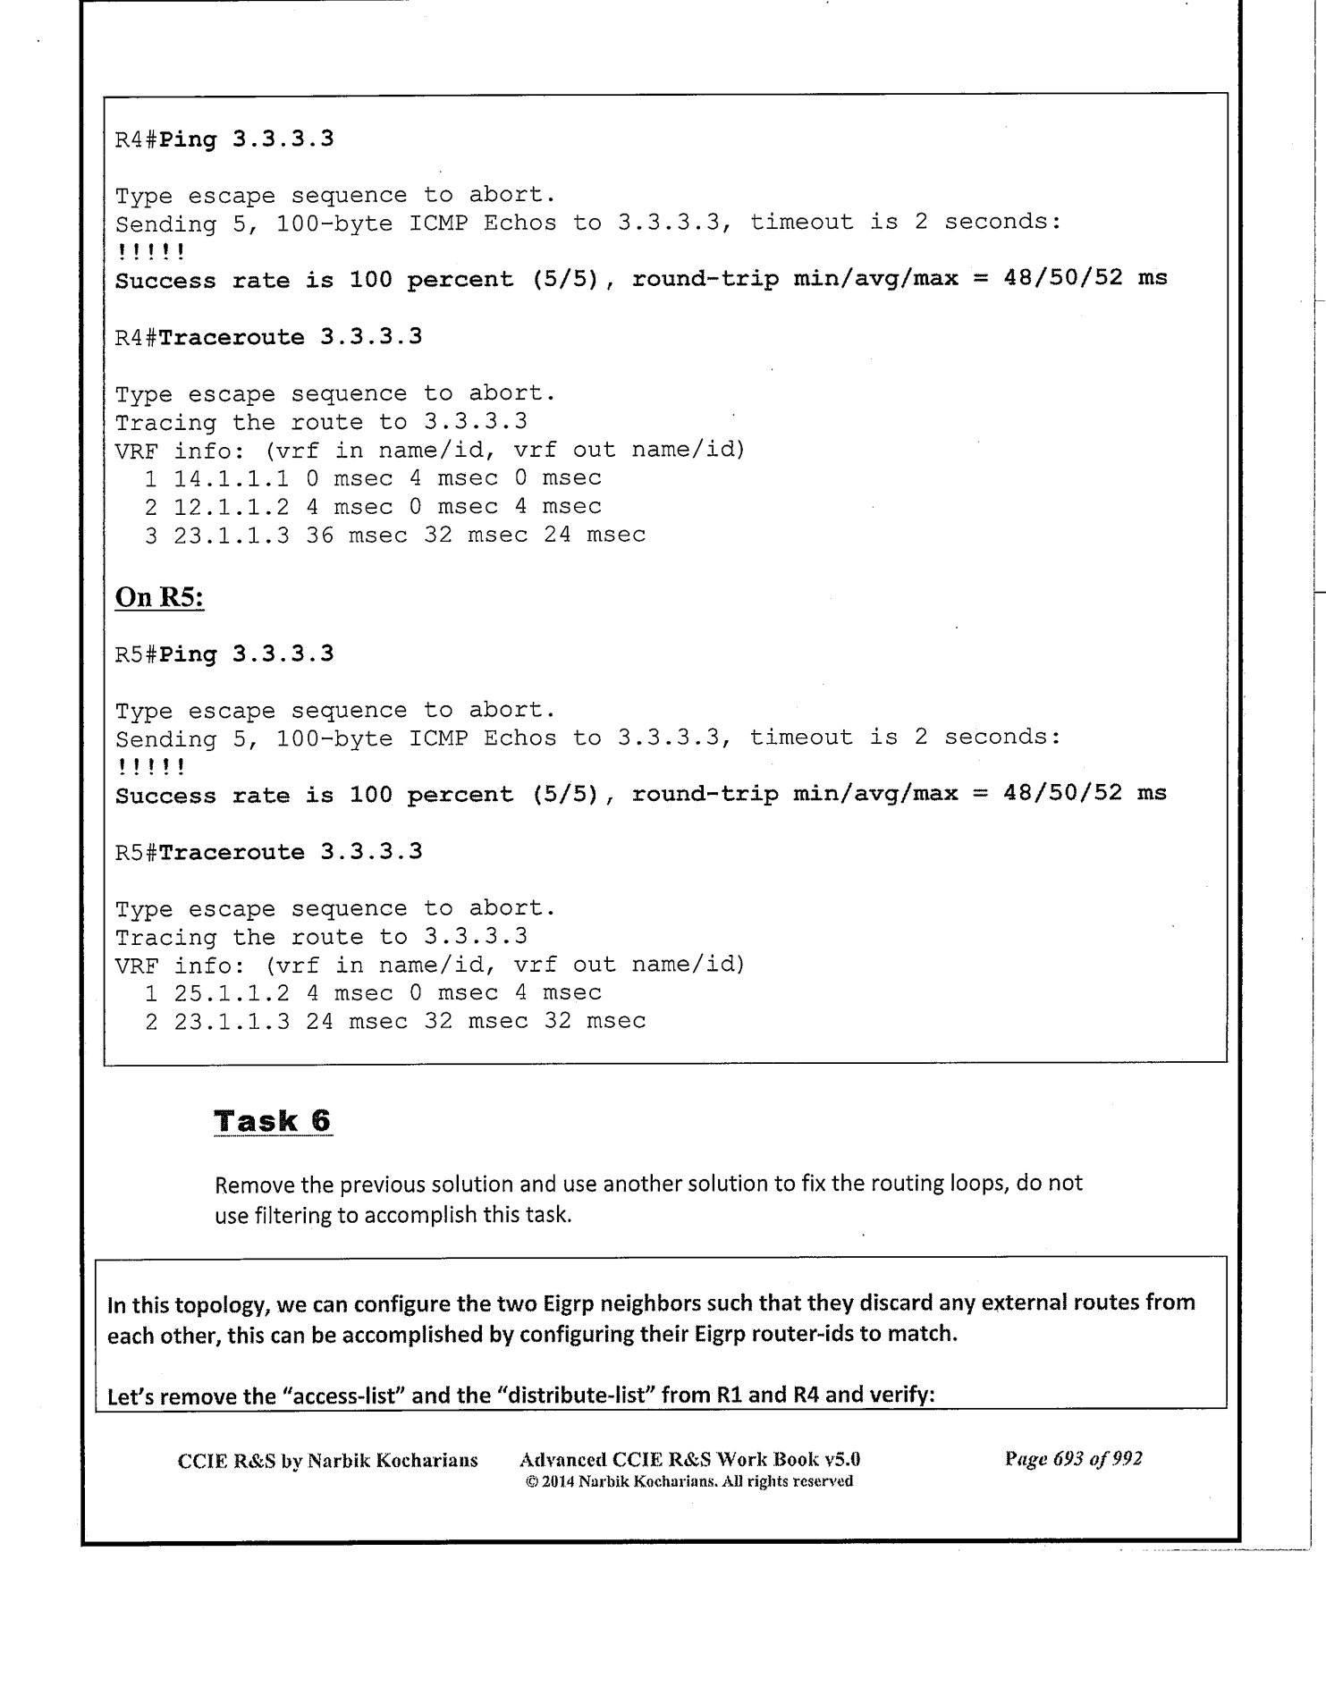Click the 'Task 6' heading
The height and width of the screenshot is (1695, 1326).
273,1121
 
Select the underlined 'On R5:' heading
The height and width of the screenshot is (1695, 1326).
159,596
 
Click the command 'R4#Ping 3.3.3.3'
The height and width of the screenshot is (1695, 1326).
224,139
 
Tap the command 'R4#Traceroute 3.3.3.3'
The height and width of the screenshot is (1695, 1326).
268,337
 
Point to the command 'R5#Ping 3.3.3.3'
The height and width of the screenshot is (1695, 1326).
224,654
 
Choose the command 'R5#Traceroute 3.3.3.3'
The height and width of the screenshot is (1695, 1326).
268,851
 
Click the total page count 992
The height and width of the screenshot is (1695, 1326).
1125,1459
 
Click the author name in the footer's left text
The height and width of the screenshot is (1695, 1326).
393,1460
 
